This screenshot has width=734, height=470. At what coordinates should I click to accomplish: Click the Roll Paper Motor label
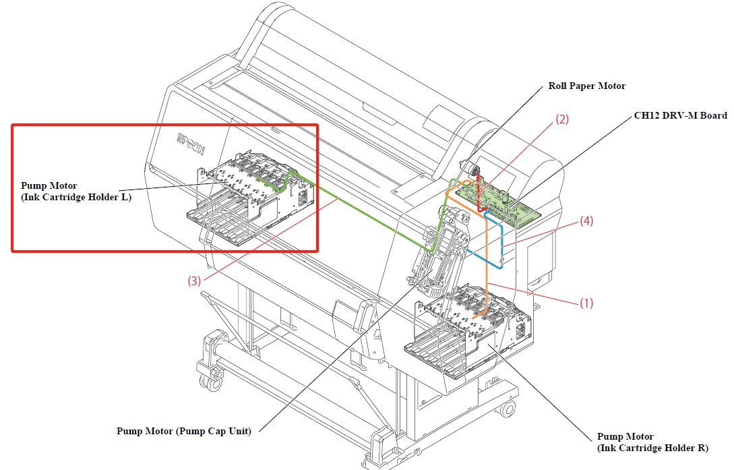(586, 86)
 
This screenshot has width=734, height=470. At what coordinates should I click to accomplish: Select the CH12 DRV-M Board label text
(681, 115)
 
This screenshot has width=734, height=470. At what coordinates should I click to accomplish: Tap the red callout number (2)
(561, 119)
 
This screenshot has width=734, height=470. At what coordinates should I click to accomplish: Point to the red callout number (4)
(586, 221)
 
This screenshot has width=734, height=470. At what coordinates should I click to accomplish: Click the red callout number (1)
(586, 303)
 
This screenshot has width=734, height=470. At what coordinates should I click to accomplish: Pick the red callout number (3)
(194, 281)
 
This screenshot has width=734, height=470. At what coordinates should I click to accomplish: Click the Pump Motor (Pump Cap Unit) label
(184, 431)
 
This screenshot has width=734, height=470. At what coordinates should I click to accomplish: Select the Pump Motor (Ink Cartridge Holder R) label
(652, 442)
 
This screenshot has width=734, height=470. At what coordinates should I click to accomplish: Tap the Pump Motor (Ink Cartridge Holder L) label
(76, 192)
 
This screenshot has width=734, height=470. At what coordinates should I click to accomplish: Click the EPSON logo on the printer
(191, 144)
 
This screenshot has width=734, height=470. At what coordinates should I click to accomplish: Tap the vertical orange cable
(487, 262)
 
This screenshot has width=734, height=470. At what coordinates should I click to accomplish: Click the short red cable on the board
(480, 193)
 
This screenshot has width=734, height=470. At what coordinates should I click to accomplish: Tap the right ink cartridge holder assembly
(468, 330)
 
